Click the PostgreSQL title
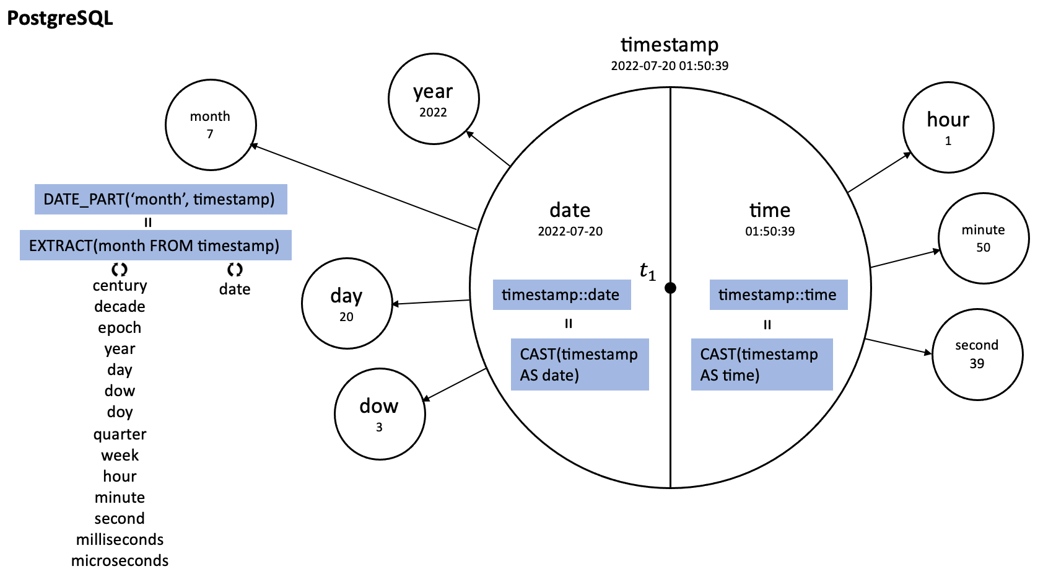tap(59, 19)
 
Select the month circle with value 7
tap(211, 125)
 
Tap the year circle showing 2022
tap(434, 99)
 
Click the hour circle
tap(948, 127)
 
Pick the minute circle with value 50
tap(984, 238)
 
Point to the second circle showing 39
tap(978, 354)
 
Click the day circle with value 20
tap(347, 303)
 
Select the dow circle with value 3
tap(380, 414)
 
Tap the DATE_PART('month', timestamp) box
tap(160, 200)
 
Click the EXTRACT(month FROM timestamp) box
tap(155, 245)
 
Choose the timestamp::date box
tap(562, 294)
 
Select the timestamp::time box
tap(779, 294)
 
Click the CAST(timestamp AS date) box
tap(580, 364)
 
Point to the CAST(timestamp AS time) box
tap(762, 364)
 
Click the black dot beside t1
tap(671, 288)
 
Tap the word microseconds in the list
tap(120, 560)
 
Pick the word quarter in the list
tap(120, 435)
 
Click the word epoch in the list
tap(120, 328)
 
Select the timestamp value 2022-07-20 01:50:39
tap(670, 66)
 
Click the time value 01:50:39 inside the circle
tap(770, 231)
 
